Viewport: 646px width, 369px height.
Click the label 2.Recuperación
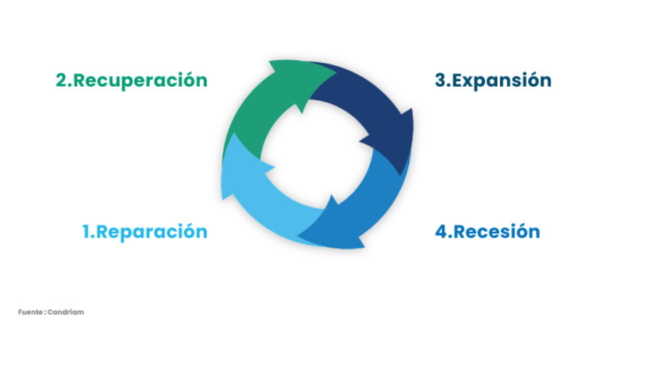tap(132, 81)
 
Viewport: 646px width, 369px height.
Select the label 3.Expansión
tap(493, 81)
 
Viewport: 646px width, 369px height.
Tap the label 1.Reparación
tap(145, 232)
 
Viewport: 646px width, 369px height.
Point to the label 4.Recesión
tap(487, 232)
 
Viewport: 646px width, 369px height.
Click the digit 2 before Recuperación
tap(62, 81)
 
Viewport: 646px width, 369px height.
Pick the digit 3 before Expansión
tap(440, 81)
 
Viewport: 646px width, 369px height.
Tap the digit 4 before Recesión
tap(441, 232)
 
